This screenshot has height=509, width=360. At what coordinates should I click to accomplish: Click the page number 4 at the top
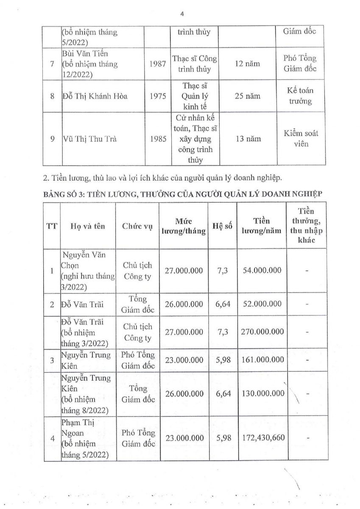(182, 14)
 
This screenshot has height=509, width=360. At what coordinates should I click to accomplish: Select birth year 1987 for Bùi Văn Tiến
(158, 64)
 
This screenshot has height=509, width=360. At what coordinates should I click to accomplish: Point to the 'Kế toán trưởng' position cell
(300, 96)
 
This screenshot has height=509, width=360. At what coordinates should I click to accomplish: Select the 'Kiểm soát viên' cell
(300, 139)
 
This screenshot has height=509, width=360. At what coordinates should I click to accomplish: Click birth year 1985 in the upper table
(158, 139)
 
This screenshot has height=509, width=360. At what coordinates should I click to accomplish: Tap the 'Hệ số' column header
(223, 226)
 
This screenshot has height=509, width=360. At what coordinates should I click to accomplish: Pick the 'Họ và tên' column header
(88, 226)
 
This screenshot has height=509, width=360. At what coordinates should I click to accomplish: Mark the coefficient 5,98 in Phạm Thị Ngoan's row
(223, 438)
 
